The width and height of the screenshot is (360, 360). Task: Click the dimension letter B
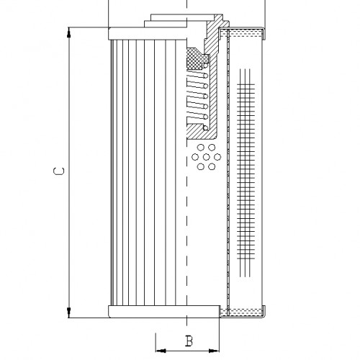(x=189, y=341)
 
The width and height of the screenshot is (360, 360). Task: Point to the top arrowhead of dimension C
(x=70, y=31)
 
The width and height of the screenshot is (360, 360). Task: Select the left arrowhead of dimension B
(x=159, y=351)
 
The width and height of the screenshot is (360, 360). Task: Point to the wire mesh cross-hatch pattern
(x=246, y=173)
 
